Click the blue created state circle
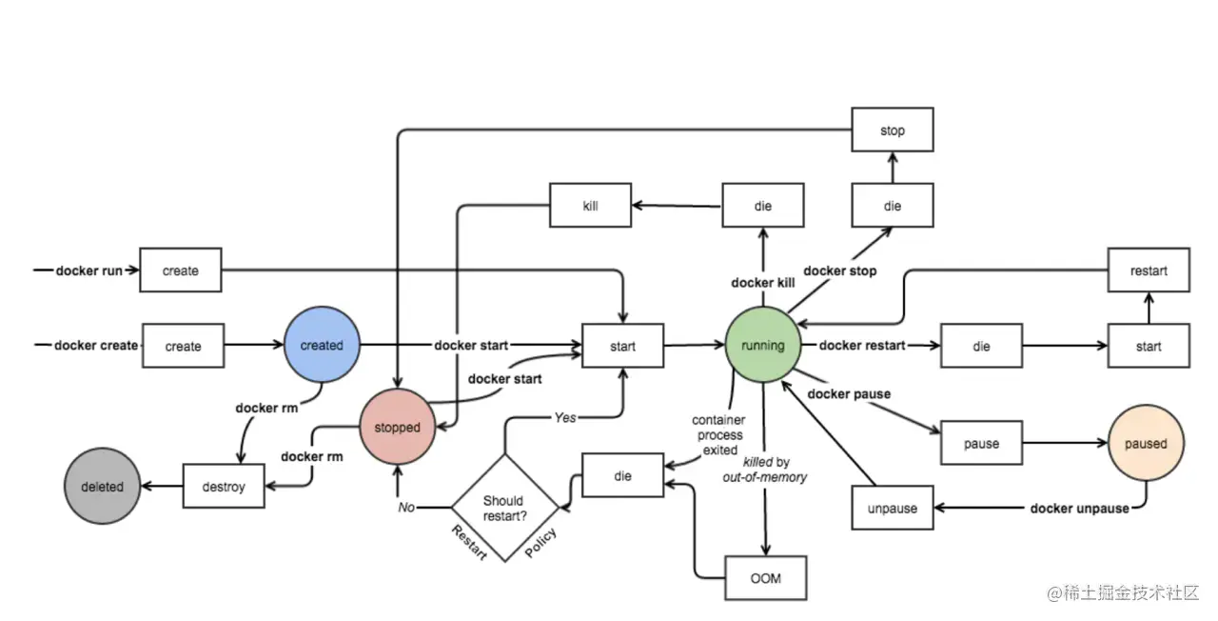(x=322, y=345)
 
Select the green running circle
(x=763, y=345)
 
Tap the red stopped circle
(x=397, y=428)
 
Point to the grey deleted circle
(x=102, y=486)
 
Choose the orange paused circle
(x=1147, y=443)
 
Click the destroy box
(x=224, y=487)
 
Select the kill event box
(x=590, y=205)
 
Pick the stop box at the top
(x=892, y=130)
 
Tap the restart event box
(x=1149, y=270)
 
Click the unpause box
(x=892, y=508)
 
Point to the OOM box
(x=766, y=578)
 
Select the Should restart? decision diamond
(x=503, y=507)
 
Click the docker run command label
(x=89, y=270)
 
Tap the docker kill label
(x=764, y=283)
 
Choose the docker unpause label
(x=1079, y=508)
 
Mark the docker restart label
(x=862, y=345)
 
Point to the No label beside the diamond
(x=406, y=507)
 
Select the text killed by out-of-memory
(x=764, y=469)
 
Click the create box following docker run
(x=181, y=270)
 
